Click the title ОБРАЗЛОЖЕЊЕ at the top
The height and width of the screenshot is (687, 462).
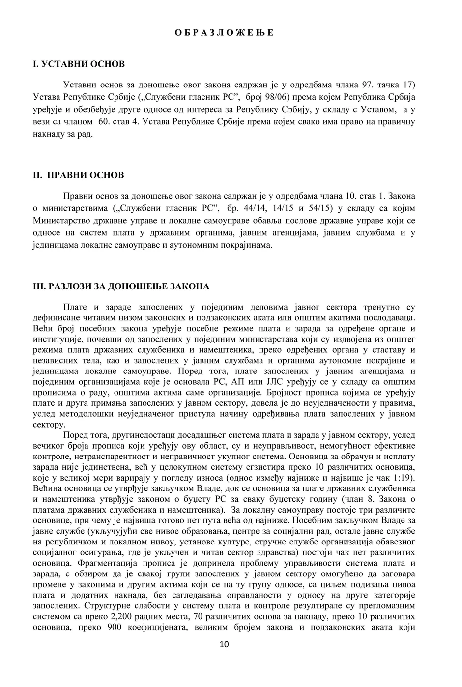(x=224, y=33)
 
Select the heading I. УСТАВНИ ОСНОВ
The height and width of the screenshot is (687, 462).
(x=79, y=64)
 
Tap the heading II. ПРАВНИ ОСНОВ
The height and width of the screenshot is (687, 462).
(x=79, y=175)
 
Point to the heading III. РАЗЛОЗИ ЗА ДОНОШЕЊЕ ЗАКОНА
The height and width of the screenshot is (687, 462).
(x=121, y=286)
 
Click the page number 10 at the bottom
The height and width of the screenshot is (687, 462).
(x=224, y=645)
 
